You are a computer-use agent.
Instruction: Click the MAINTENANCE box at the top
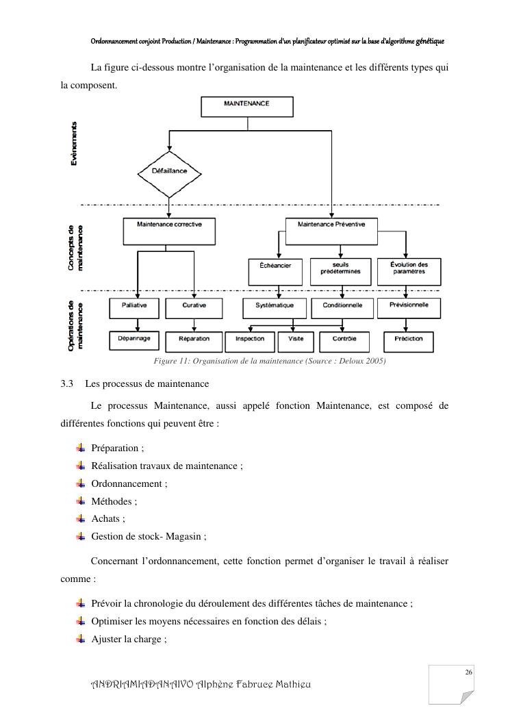click(x=246, y=106)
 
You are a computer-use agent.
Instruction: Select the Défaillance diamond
click(x=168, y=171)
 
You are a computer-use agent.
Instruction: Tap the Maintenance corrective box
click(x=169, y=231)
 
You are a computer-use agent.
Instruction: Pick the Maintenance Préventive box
click(x=331, y=231)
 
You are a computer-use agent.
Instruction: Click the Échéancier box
click(x=275, y=268)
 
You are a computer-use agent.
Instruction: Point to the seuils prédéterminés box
click(x=341, y=268)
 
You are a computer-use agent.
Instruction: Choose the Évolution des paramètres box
click(x=409, y=268)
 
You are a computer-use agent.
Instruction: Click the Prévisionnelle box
click(x=409, y=307)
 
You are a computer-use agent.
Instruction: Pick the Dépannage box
click(x=134, y=339)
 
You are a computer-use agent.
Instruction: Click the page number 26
click(x=469, y=673)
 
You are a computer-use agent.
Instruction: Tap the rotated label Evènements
click(x=73, y=143)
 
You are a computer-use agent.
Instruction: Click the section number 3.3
click(x=67, y=383)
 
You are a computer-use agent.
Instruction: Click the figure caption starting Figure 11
click(x=270, y=361)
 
